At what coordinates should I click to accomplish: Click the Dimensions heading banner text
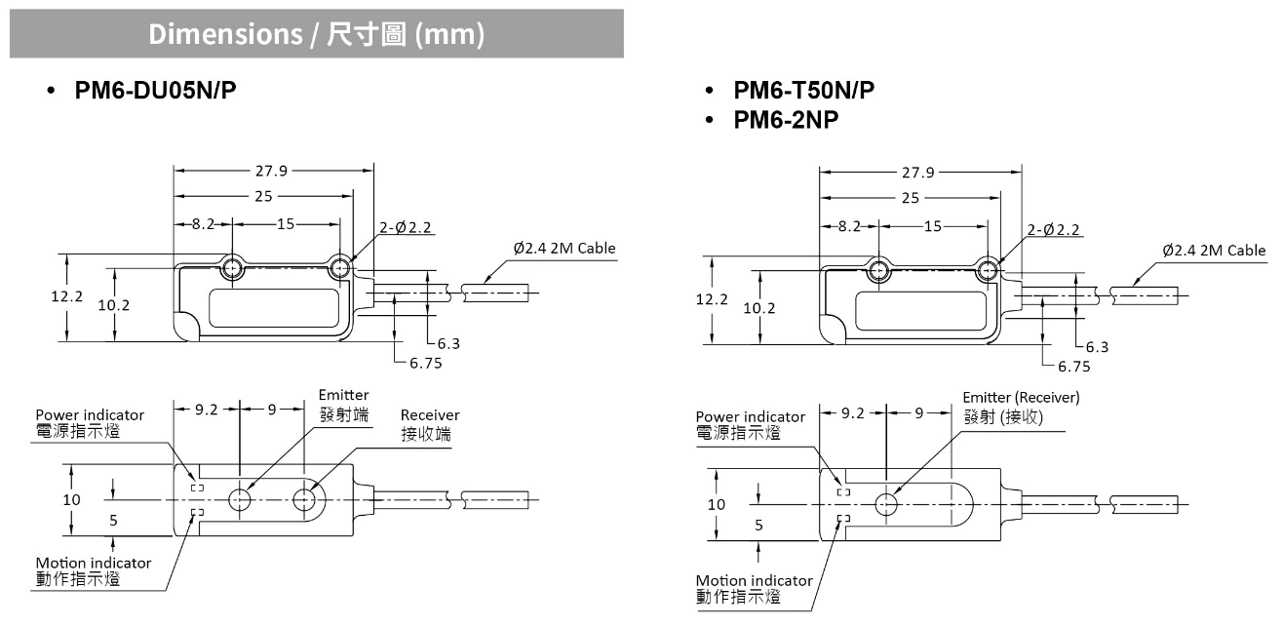316,34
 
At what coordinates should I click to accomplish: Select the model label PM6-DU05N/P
156,91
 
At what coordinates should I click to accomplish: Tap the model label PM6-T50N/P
803,91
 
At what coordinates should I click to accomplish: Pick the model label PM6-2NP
786,120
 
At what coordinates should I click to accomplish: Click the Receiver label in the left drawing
429,414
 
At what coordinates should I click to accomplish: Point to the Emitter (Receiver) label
1021,398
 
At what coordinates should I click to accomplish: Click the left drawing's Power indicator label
90,415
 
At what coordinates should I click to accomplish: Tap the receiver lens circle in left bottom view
304,500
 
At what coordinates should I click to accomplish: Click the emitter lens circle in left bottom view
240,500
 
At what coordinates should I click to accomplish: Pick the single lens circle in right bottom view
886,504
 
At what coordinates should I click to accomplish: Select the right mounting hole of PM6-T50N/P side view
987,270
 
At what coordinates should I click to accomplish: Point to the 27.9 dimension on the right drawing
917,173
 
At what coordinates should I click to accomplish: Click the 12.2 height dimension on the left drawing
67,296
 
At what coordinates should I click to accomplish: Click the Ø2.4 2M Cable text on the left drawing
564,248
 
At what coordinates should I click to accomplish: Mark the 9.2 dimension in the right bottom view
853,412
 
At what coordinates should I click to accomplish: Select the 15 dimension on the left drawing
285,223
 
